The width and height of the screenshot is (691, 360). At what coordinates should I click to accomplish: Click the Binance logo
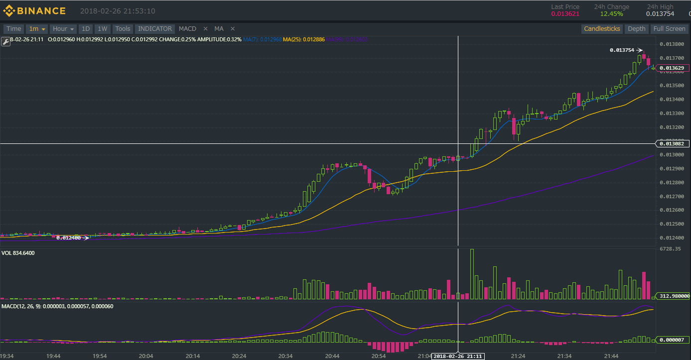coord(34,10)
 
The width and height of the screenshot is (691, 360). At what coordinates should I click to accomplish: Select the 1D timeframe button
coord(86,29)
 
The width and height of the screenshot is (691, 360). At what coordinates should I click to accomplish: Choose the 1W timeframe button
coord(103,29)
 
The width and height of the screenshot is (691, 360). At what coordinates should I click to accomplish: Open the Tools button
coord(123,29)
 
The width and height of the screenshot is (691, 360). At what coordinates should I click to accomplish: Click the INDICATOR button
coord(155,29)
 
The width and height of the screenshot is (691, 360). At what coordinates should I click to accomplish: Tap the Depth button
coord(636,29)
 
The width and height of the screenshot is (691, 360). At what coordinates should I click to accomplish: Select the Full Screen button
coord(669,29)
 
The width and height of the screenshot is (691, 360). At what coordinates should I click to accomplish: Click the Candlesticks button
coord(602,29)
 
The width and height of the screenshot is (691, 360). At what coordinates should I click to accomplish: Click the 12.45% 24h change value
coord(611,14)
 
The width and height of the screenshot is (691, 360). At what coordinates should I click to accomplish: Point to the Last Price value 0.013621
coord(565,14)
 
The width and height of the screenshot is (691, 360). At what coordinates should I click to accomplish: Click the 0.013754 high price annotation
coord(622,50)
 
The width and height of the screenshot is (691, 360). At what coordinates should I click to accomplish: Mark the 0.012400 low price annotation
coord(68,238)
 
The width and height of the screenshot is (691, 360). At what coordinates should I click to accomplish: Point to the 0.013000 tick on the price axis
coord(671,155)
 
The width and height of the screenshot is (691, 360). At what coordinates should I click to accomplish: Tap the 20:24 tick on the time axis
coord(239,356)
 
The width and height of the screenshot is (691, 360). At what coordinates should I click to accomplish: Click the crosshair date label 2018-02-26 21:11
coord(457,357)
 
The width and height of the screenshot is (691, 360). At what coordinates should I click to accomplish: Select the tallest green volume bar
coord(472,274)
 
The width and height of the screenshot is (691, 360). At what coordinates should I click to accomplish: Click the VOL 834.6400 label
coord(18,253)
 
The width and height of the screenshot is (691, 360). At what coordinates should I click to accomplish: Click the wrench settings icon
coord(5,41)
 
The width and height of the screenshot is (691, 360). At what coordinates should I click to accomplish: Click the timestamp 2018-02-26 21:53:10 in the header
coord(118,11)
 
